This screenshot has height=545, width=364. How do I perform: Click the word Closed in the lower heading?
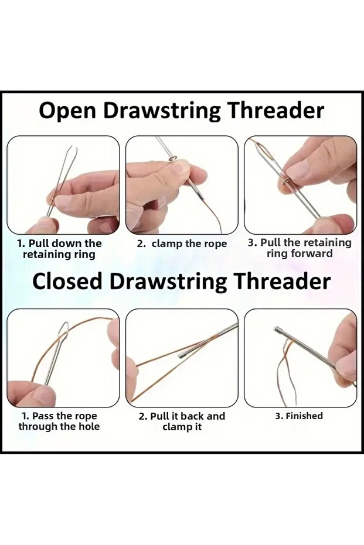pos(67,281)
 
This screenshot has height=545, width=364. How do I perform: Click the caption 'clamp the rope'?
pos(189,244)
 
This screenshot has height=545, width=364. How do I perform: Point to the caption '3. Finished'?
pos(299,416)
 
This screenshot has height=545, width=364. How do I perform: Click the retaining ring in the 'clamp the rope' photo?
pos(172,159)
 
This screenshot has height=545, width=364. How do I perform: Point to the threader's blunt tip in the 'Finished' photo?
pos(277,329)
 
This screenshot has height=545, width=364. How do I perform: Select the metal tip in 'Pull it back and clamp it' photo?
pos(182,355)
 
